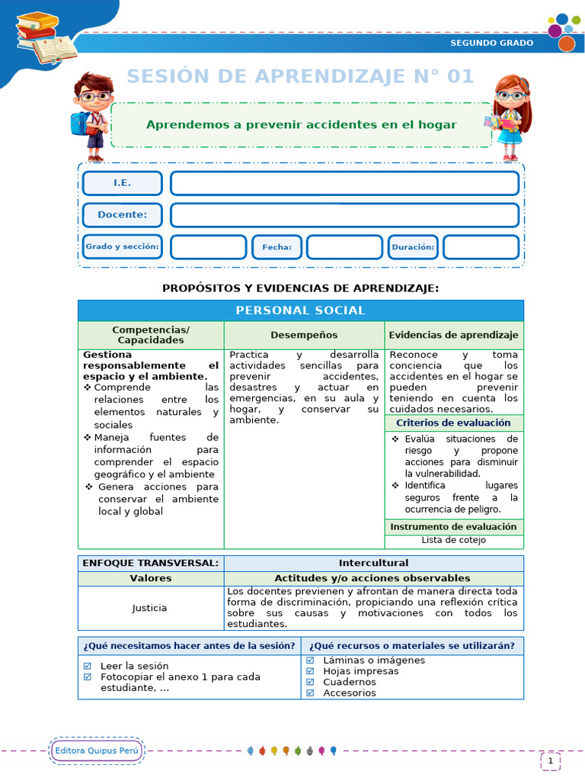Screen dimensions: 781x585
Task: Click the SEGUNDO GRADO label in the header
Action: point(491,43)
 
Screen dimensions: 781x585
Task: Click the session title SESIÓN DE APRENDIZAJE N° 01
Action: point(300,76)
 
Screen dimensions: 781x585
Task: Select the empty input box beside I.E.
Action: point(344,184)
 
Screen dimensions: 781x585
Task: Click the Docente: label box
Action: point(122,215)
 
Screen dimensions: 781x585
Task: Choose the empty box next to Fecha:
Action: point(344,247)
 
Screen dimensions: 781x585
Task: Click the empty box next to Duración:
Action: point(481,247)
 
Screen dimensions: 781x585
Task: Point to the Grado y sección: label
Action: point(122,247)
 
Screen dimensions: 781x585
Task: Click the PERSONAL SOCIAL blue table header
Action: point(300,310)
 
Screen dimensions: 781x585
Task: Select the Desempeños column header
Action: point(304,335)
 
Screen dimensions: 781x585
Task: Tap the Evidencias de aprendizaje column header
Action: point(453,335)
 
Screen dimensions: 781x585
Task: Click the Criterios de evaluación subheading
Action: point(453,423)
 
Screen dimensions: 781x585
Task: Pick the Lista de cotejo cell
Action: point(453,540)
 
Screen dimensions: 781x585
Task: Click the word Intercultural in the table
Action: point(373,563)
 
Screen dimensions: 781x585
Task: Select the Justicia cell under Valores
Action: point(150,608)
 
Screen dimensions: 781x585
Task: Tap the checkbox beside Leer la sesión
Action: point(88,666)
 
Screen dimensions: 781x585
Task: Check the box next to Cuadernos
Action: point(310,683)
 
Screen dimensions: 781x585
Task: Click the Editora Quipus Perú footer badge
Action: point(97,751)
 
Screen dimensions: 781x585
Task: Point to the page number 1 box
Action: point(550,760)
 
